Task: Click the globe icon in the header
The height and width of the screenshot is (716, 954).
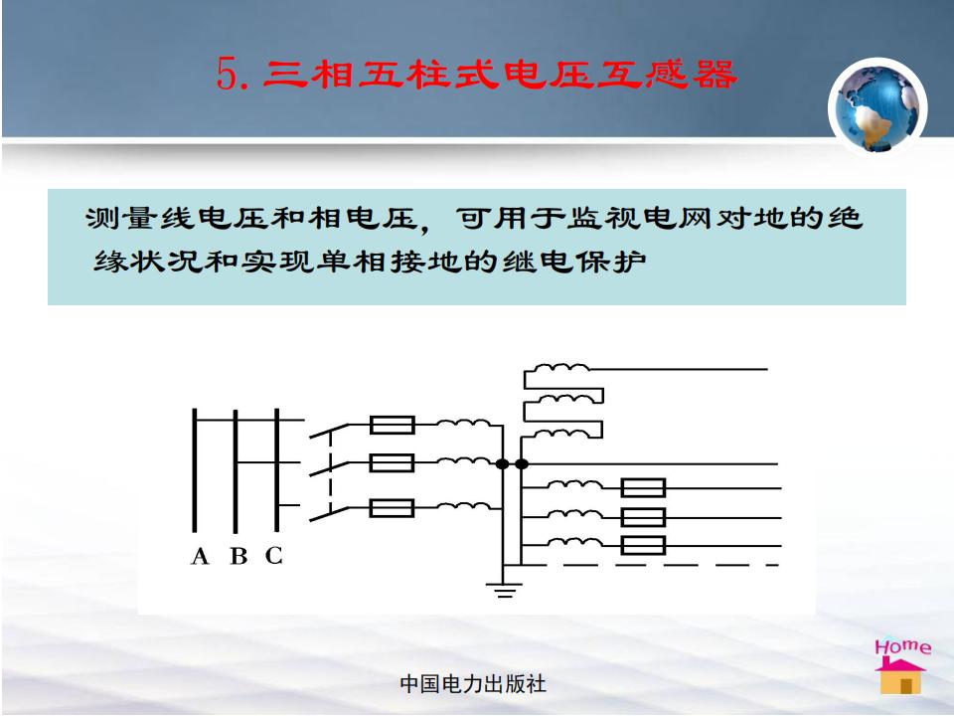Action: coord(876,107)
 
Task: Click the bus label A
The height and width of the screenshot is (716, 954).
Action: coord(200,556)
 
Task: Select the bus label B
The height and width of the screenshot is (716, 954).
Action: coord(238,556)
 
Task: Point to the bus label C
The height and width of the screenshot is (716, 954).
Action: coord(274,555)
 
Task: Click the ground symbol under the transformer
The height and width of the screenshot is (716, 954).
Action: coord(504,590)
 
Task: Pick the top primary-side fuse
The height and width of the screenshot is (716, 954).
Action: coord(393,425)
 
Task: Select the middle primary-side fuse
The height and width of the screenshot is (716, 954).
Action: coord(393,463)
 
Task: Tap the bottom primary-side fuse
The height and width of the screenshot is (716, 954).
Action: coord(393,508)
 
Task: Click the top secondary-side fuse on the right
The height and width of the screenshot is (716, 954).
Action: coord(643,487)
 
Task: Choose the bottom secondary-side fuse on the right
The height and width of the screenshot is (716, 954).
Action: coord(643,546)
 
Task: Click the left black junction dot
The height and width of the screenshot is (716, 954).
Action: coord(502,464)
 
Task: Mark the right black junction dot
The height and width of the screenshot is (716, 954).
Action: coord(522,464)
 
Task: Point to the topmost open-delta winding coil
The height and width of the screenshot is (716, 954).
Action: coord(561,367)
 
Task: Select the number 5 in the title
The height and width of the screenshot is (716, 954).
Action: coord(226,75)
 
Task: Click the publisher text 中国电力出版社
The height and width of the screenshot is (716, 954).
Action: coord(473,684)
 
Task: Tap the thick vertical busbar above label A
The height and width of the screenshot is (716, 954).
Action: coord(195,470)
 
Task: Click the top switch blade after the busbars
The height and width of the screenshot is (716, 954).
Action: coord(329,431)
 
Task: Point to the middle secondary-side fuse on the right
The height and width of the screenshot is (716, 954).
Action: coord(643,517)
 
